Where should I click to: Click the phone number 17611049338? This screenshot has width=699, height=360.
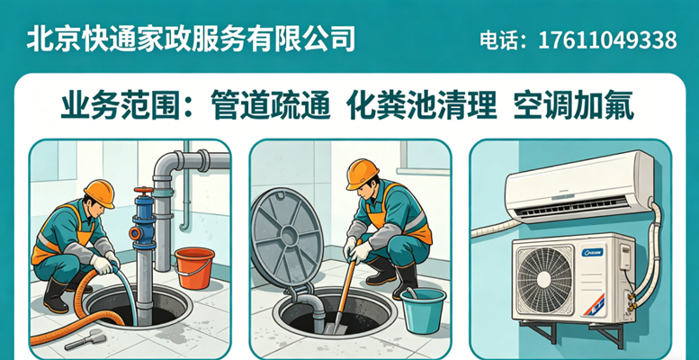coord(607,40)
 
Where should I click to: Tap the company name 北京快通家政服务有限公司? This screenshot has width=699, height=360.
coord(191,39)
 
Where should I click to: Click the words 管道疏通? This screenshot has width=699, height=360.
coord(271,105)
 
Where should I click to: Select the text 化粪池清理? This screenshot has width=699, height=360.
coord(421,105)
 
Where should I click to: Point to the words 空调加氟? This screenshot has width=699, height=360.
coord(573,105)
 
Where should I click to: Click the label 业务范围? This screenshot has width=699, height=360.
coord(121,105)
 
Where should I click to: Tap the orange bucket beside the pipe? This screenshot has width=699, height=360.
coord(194,268)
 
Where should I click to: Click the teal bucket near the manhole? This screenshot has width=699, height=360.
coord(423,310)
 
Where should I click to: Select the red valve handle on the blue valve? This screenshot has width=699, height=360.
coord(143,191)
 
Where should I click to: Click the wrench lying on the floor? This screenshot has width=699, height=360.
coord(85,340)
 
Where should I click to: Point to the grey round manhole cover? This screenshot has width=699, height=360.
coord(286,238)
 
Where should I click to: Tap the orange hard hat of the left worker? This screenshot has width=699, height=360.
coord(100,193)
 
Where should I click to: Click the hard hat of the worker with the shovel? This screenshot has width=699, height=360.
coord(362,174)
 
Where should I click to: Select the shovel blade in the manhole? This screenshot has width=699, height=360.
coord(332,326)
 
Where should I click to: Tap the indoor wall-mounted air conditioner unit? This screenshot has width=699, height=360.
coord(579,186)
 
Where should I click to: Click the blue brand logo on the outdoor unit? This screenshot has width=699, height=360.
coord(593,252)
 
